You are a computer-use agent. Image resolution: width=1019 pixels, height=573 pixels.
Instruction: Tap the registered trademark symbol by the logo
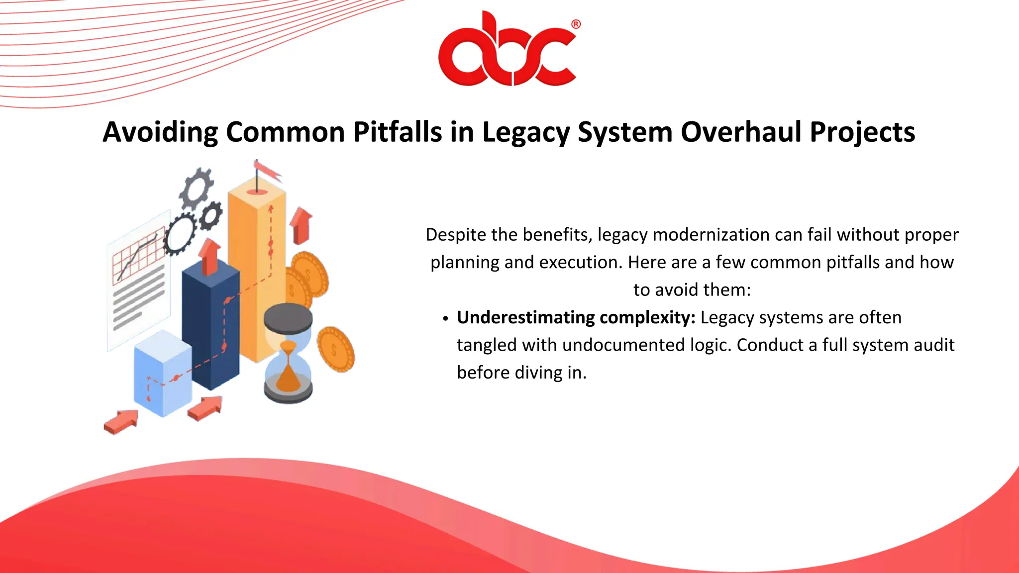(x=576, y=24)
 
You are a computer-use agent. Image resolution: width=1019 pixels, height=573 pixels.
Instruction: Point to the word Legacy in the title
(x=525, y=132)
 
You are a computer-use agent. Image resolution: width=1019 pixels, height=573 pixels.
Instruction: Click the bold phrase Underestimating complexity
(x=576, y=317)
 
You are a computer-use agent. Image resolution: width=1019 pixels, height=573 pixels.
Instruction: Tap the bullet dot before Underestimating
(x=445, y=319)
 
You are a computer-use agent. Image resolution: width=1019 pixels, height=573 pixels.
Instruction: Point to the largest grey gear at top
(x=196, y=188)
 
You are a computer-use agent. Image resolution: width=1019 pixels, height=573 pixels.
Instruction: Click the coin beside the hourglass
(x=336, y=349)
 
